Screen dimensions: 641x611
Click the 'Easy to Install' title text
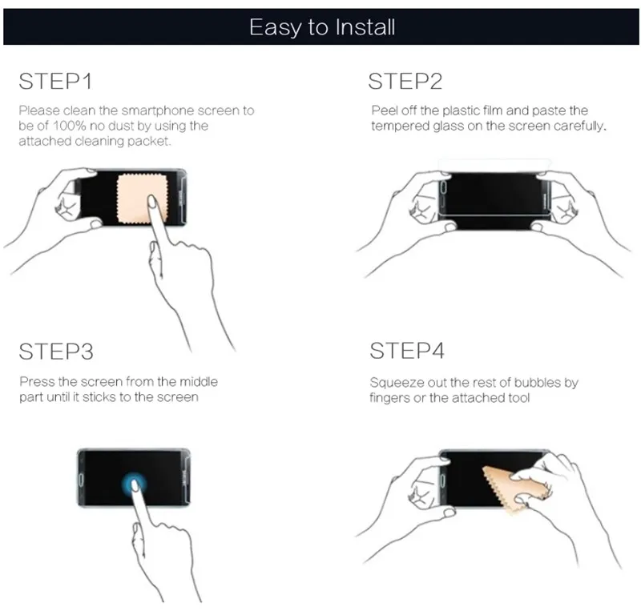[322, 27]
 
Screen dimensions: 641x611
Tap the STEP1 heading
[55, 81]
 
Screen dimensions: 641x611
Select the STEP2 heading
[405, 81]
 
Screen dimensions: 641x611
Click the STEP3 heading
[56, 352]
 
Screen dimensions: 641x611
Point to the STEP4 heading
[407, 351]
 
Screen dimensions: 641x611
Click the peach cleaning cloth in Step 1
[142, 199]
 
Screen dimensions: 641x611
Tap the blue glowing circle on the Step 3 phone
[134, 484]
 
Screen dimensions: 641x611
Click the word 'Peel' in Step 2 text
[385, 111]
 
